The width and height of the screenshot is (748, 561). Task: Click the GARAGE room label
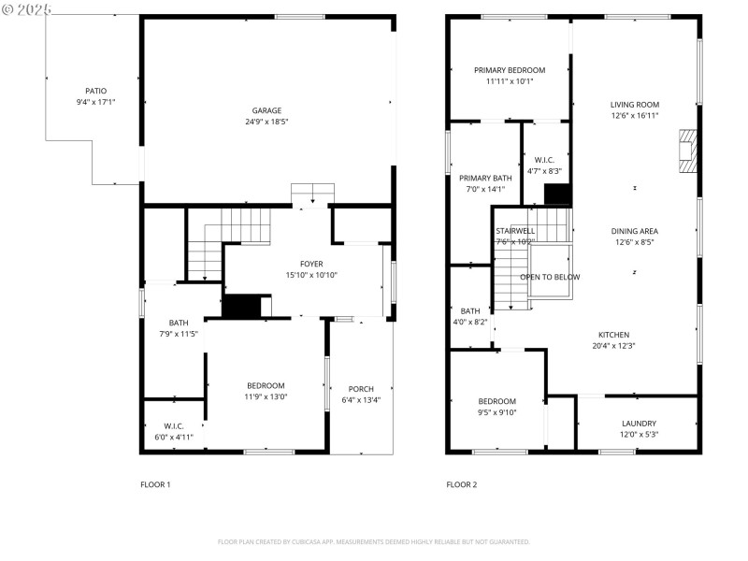tap(266, 110)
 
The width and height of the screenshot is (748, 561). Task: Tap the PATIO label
tap(95, 91)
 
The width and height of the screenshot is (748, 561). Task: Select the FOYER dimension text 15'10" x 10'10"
tap(311, 276)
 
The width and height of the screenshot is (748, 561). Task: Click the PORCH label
tap(360, 389)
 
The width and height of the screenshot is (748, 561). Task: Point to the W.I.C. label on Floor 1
tap(173, 425)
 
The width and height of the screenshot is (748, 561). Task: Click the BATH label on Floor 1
tap(178, 323)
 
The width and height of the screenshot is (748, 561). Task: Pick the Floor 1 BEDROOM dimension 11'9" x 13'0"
tap(266, 396)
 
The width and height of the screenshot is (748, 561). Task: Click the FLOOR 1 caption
tap(155, 484)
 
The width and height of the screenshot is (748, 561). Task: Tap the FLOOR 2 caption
tap(461, 484)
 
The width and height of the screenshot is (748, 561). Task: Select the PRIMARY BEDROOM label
tap(509, 70)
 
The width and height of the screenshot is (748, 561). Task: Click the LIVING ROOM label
tap(635, 105)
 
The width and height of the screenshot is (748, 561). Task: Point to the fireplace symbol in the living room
tap(687, 151)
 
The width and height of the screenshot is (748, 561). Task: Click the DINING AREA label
tap(635, 231)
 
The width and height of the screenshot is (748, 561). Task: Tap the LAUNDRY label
tap(639, 423)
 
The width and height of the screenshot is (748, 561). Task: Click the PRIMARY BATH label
tap(484, 178)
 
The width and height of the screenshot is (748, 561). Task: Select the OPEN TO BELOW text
tap(550, 277)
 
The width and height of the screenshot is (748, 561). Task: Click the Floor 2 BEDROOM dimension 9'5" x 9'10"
tap(496, 412)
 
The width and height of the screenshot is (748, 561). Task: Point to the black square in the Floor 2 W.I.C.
tap(557, 194)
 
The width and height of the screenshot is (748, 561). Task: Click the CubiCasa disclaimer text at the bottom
tap(374, 541)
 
